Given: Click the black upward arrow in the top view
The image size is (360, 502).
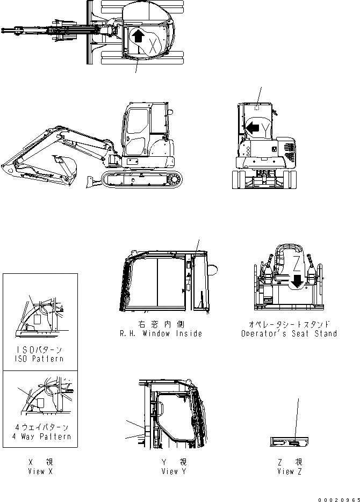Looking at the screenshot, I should [x=138, y=37].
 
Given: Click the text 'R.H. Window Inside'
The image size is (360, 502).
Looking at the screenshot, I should [x=161, y=334].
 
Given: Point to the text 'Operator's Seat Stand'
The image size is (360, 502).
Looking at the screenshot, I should [x=289, y=334].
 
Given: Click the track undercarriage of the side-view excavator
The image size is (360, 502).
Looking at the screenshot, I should [x=142, y=180].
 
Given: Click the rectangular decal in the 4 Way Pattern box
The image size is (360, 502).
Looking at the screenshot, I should [x=40, y=403].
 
